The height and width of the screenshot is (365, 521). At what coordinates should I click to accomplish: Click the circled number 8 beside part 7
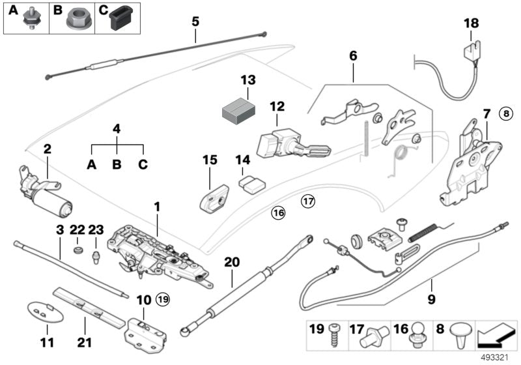coord(507,113)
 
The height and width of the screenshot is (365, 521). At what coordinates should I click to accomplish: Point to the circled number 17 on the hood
coord(307,202)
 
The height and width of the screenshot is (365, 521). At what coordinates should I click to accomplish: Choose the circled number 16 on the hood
coord(278,212)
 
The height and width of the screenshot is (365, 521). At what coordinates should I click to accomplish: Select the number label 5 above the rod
coord(195,21)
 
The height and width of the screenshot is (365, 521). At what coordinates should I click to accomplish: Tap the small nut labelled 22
coord(78,250)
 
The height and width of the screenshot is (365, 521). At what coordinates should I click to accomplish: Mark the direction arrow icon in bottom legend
coord(496,335)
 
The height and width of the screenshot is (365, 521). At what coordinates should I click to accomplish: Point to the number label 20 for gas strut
coord(232,263)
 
